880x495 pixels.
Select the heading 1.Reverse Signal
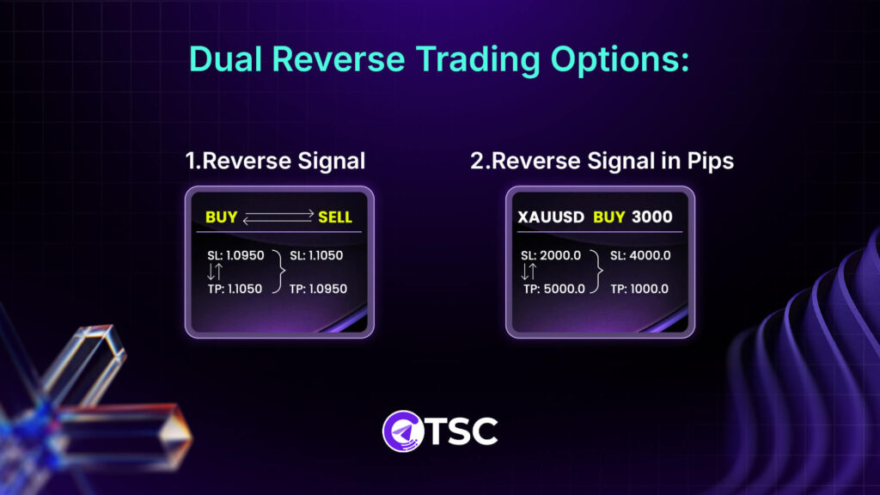coord(275,161)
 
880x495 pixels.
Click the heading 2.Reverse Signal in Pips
coord(602,161)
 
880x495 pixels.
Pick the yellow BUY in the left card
coord(221,217)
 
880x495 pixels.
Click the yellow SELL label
coord(335,217)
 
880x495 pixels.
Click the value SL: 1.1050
coord(319,255)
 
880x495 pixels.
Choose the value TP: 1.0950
coord(319,289)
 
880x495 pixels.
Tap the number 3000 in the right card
coord(652,217)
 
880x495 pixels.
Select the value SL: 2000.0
coord(552,255)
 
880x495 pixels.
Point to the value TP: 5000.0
coord(553,289)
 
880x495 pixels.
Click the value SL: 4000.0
coord(640,255)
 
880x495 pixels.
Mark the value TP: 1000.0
coord(640,289)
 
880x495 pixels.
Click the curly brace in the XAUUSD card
coord(597,272)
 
